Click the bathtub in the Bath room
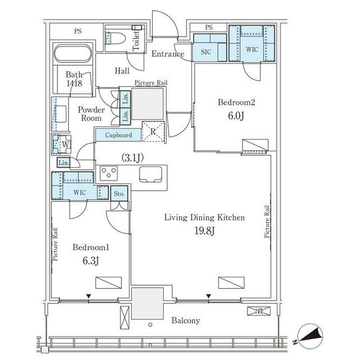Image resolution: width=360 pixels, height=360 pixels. point(73,53)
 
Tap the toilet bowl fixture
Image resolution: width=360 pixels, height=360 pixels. point(116,38)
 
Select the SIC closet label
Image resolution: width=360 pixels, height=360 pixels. point(206,52)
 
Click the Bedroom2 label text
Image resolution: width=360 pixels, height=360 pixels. point(236,102)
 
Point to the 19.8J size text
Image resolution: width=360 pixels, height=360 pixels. point(205,231)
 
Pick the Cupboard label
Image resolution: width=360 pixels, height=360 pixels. point(119,135)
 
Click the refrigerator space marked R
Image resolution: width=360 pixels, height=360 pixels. point(153,132)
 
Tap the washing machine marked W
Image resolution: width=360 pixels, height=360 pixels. point(61,145)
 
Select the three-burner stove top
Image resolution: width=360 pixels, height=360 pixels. point(109,173)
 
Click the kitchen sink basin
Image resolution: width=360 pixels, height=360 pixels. point(150,174)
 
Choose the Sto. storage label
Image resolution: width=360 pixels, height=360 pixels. point(119,193)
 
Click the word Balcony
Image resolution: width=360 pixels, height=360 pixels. point(186,321)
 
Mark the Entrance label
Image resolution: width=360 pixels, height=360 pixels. point(168,54)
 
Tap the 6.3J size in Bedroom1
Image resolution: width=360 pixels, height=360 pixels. point(91,260)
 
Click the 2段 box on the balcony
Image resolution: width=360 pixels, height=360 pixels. point(259,311)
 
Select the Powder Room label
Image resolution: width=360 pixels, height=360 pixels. point(91,114)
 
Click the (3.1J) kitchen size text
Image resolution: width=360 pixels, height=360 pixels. point(133,157)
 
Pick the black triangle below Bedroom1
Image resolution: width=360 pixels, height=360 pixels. point(89,296)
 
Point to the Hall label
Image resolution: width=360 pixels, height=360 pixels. point(122,71)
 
